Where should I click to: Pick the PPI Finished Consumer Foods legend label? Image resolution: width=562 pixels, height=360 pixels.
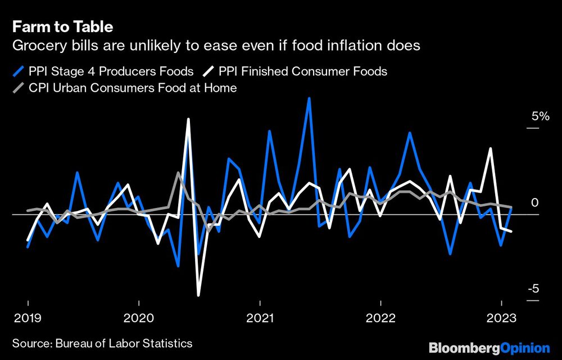coord(303,71)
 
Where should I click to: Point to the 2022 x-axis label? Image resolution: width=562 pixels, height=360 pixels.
coord(381,318)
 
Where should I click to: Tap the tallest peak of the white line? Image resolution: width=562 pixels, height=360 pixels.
coord(188,119)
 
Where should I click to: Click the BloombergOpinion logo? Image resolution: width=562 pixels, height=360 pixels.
coord(489,348)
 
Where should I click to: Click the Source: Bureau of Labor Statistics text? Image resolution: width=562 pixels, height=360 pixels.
coord(102,343)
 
